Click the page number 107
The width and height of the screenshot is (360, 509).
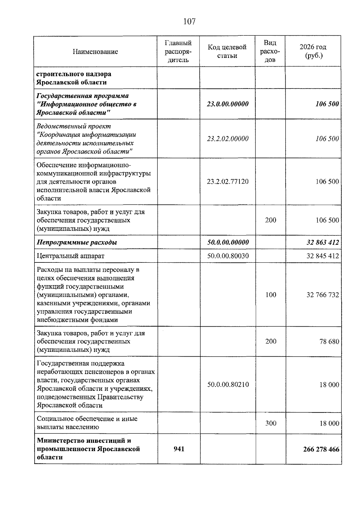pos(189,22)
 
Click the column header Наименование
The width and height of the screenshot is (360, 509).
pos(95,52)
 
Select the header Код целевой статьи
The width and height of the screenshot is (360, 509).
pos(227,51)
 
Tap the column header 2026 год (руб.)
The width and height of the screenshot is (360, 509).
pos(313,51)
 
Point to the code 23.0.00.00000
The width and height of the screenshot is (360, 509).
pos(228,104)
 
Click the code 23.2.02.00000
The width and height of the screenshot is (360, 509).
pos(228,139)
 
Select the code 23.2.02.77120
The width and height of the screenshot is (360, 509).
pos(228,181)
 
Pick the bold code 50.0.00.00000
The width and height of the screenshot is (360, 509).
pos(228,242)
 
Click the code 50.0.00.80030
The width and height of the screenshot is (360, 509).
pos(228,256)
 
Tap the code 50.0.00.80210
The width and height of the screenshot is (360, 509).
pos(228,385)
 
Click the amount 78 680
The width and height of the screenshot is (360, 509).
pos(329,341)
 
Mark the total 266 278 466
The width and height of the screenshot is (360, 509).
pos(321,449)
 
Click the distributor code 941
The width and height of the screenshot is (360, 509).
pos(179,449)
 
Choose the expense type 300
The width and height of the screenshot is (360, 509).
pos(271,423)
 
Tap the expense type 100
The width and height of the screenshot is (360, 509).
pos(271,295)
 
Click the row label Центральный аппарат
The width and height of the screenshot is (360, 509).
pos(70,256)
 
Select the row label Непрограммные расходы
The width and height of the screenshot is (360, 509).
pos(77,242)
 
